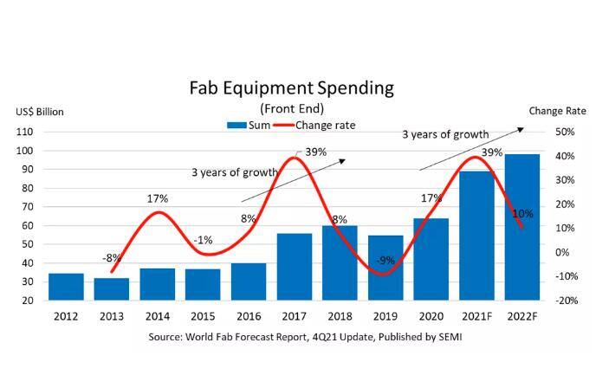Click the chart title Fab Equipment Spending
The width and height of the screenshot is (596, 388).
[x=291, y=88]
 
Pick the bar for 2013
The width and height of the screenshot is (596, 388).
[x=113, y=289]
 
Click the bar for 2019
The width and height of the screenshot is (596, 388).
[x=385, y=268]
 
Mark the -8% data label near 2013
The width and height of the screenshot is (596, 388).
[x=113, y=257]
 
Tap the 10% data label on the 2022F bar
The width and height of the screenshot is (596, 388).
[x=522, y=213]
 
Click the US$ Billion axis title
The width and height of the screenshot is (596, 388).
[x=39, y=112]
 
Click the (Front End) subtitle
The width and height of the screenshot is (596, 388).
[x=291, y=108]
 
